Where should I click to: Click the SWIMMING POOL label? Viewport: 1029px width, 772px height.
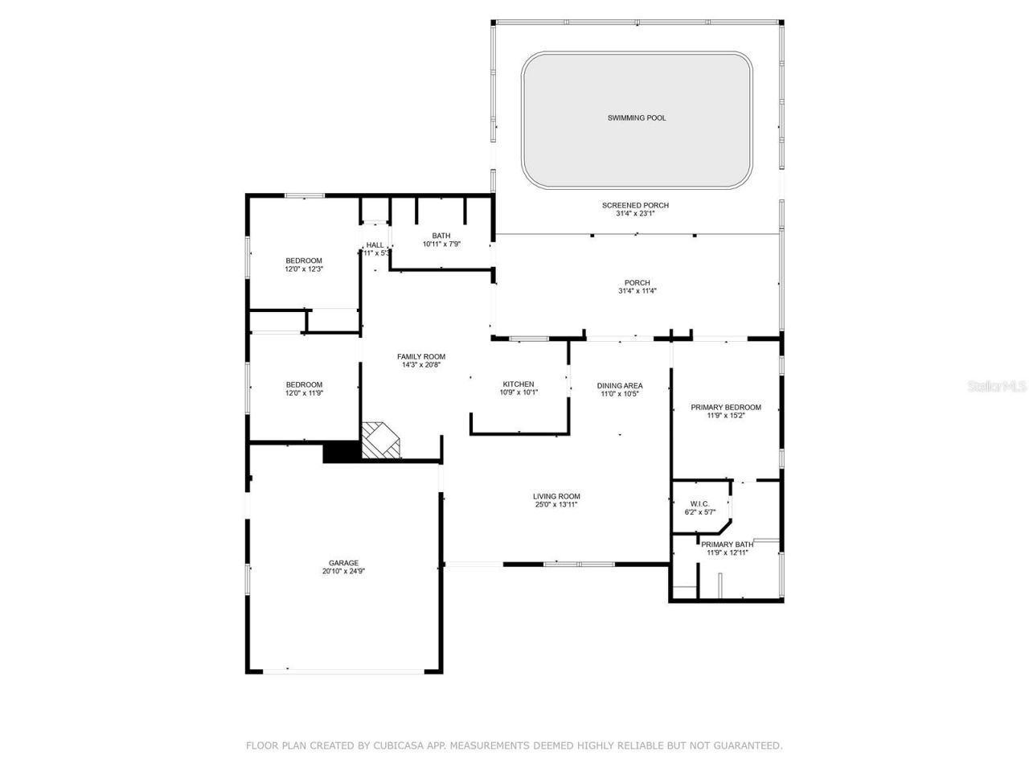[x=636, y=118]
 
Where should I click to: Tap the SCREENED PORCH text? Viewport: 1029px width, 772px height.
[x=635, y=205]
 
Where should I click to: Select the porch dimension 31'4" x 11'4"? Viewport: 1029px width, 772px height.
[x=637, y=291]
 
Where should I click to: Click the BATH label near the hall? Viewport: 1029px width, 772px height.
[x=441, y=236]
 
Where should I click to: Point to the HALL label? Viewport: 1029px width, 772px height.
[x=375, y=244]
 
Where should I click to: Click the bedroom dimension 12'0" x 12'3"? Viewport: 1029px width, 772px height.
[x=304, y=269]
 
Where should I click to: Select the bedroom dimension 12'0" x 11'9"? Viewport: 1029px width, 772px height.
[x=304, y=393]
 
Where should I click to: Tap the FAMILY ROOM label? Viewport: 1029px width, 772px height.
[x=421, y=356]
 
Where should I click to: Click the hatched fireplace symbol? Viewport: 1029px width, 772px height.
[x=379, y=441]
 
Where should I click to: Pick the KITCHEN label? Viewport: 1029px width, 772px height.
[x=519, y=384]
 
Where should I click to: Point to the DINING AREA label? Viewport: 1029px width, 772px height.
[x=620, y=385]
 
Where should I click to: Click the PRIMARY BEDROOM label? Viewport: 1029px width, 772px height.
[x=725, y=407]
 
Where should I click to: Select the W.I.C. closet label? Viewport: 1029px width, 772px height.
[x=699, y=503]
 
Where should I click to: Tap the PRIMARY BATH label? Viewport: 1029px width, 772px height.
[x=727, y=544]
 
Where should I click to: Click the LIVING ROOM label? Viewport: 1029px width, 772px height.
[x=556, y=496]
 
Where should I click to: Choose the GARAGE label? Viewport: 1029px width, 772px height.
[x=343, y=563]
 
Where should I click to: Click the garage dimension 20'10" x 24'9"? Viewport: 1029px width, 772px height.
[x=343, y=572]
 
